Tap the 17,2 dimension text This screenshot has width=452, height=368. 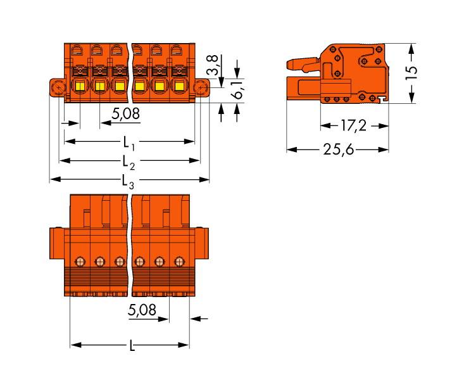pyautogui.click(x=353, y=125)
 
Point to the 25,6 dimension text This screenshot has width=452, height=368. pyautogui.click(x=337, y=149)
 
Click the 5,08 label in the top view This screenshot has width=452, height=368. pyautogui.click(x=125, y=115)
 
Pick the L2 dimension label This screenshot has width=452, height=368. pyautogui.click(x=129, y=162)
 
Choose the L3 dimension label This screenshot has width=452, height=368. pyautogui.click(x=129, y=182)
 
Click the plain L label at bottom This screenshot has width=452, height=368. pyautogui.click(x=131, y=346)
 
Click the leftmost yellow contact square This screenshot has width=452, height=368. pyautogui.click(x=80, y=86)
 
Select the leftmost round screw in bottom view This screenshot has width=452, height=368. pyautogui.click(x=80, y=260)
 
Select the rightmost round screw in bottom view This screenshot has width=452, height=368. pyautogui.click(x=179, y=260)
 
